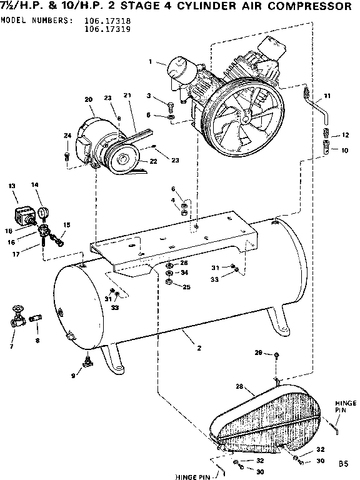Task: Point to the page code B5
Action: point(343,464)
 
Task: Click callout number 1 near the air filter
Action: point(151,61)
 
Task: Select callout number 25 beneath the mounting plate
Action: point(185,287)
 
